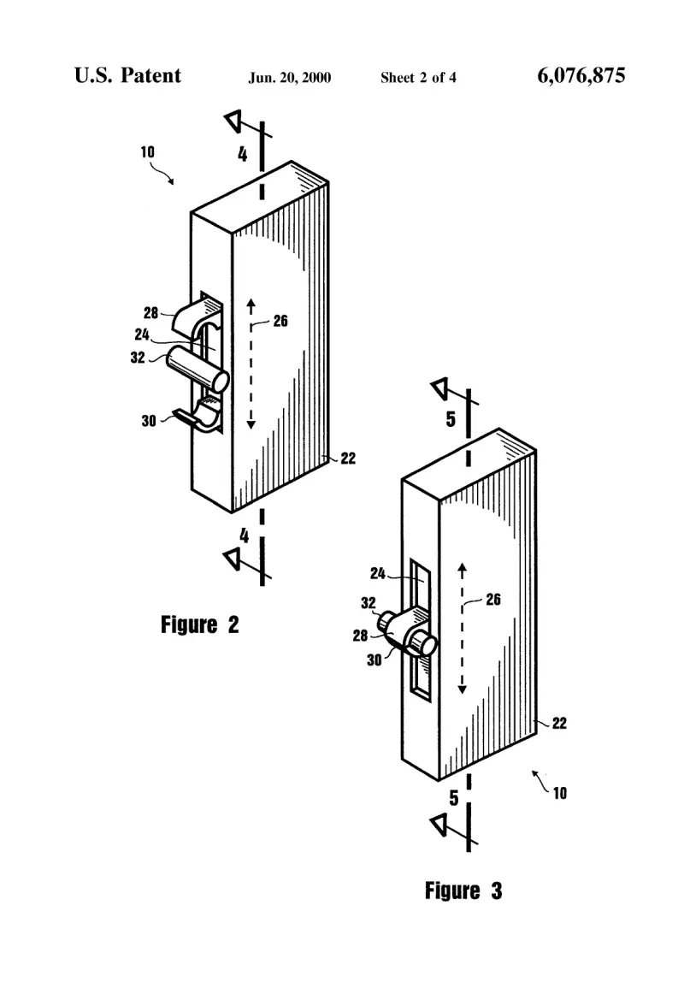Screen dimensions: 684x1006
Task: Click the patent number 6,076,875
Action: click(x=581, y=75)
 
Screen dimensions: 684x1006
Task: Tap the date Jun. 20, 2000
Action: click(x=290, y=78)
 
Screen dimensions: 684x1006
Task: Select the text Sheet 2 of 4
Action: click(x=419, y=78)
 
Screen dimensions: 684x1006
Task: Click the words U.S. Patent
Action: click(x=127, y=75)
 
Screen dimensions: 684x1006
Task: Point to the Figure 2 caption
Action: click(x=200, y=624)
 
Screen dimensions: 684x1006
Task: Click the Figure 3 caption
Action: click(x=463, y=891)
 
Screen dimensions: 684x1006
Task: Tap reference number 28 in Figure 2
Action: click(x=150, y=312)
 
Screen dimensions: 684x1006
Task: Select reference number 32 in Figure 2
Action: click(x=138, y=358)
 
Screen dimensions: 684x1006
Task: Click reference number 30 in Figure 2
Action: click(x=149, y=421)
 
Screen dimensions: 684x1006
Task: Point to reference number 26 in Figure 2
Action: click(x=280, y=321)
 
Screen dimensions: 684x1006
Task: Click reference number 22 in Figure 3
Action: click(x=560, y=723)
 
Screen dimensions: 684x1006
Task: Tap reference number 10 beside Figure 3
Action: click(x=560, y=794)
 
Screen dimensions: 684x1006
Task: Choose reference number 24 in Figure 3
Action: click(x=378, y=573)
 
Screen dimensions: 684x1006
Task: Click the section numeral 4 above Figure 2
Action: click(x=242, y=154)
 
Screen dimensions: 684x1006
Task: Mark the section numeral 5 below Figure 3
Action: click(x=454, y=798)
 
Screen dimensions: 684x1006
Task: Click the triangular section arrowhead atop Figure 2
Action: click(x=233, y=120)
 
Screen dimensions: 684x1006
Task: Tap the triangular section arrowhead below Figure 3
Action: click(x=439, y=825)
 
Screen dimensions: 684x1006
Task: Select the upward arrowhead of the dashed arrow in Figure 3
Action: click(x=463, y=568)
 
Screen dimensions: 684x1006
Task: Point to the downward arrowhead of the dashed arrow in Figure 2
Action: click(x=251, y=424)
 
